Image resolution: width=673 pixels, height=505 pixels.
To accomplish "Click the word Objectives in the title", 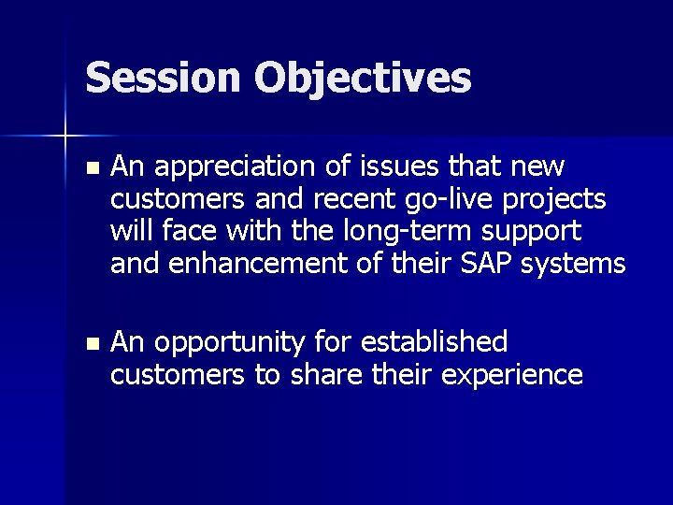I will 362,79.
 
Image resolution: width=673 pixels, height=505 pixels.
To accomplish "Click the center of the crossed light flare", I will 64,137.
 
